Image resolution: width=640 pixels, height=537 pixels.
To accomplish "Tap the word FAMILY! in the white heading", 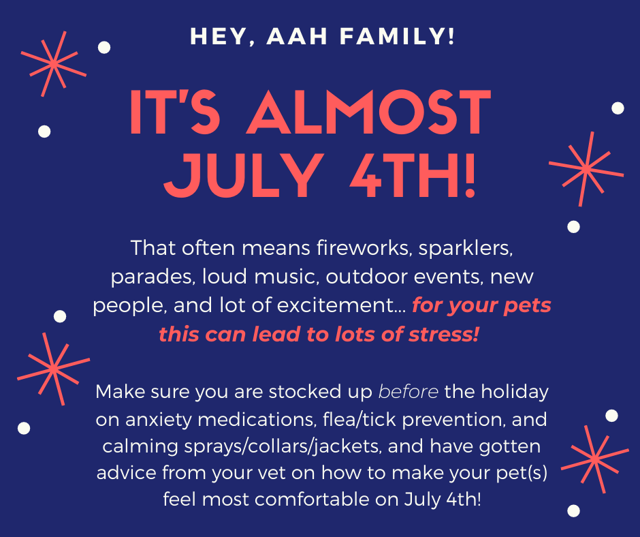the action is point(397,36).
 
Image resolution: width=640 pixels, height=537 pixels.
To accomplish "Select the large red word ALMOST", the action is point(369,112).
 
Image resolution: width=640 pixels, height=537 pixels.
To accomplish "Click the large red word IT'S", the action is point(175,112).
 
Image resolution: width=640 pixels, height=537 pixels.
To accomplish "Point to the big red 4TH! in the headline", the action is point(413,176).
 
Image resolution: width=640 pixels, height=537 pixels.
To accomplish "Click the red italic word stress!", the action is point(444,335).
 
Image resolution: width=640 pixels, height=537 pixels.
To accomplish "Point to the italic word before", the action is point(408,392).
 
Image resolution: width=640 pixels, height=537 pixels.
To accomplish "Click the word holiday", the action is point(515,393).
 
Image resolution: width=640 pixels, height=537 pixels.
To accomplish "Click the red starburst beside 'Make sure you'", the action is point(54,369).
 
